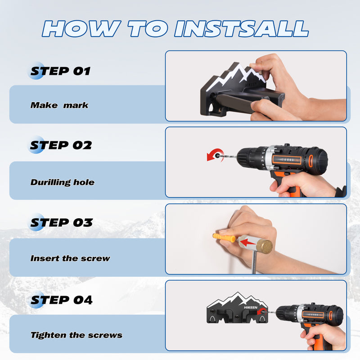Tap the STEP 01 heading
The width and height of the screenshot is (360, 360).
click(60, 71)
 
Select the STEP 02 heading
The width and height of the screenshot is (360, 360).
click(60, 145)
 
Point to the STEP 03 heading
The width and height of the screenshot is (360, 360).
click(60, 222)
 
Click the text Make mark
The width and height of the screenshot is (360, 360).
click(59, 105)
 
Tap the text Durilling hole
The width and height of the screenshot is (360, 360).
click(63, 182)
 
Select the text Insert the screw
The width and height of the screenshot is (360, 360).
click(70, 258)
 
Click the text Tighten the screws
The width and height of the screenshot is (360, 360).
click(76, 335)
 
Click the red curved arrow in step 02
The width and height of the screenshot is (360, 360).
click(214, 154)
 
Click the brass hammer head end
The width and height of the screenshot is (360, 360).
click(264, 246)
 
